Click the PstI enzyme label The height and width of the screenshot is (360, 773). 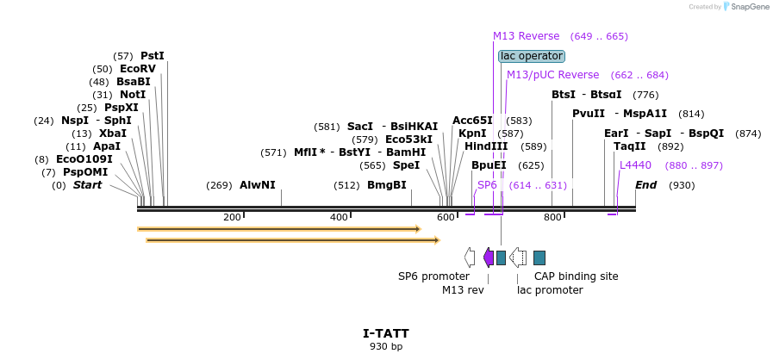[152, 56]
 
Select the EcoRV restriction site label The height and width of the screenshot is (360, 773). [138, 69]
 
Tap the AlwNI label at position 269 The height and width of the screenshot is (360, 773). [257, 185]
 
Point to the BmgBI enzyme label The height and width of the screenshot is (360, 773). [386, 185]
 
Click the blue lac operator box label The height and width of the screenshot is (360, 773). [532, 56]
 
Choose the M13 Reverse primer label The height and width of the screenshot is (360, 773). [526, 36]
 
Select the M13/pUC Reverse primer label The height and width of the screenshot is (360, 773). [552, 75]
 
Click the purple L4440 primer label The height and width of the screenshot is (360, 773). [635, 165]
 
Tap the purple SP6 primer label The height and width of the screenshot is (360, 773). [487, 185]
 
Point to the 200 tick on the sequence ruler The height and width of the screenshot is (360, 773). [232, 217]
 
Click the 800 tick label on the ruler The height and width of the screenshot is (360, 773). [552, 217]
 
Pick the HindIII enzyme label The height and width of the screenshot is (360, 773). [486, 146]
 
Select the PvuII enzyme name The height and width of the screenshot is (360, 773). [589, 114]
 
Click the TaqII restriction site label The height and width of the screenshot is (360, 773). [629, 146]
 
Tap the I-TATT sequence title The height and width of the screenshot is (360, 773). [385, 333]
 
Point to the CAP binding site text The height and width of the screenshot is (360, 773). [576, 276]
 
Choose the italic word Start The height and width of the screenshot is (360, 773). [87, 185]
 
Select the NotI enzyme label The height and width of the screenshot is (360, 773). [132, 95]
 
